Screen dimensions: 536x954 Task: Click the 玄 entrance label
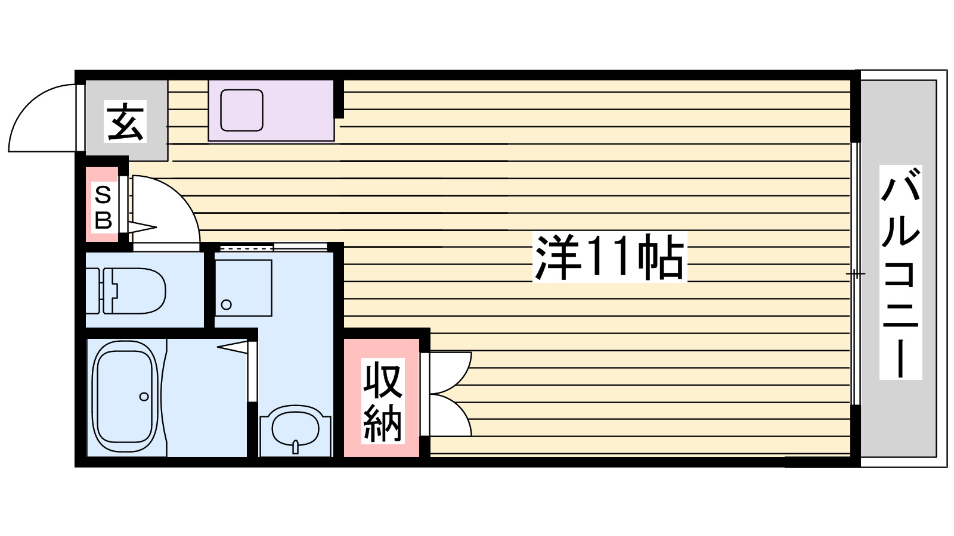tap(125, 121)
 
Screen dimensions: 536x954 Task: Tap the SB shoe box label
tap(103, 207)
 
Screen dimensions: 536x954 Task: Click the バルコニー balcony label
tap(900, 272)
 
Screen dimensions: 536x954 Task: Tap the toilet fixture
tap(134, 291)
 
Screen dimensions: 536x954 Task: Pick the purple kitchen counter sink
tap(241, 110)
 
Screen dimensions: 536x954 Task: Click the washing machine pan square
tap(243, 288)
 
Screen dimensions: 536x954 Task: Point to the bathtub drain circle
tap(144, 397)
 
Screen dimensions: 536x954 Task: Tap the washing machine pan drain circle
tap(226, 305)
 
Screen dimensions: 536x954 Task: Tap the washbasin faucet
tap(295, 447)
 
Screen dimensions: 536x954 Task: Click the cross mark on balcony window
tap(856, 274)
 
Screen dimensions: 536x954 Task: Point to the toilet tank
tap(92, 291)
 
